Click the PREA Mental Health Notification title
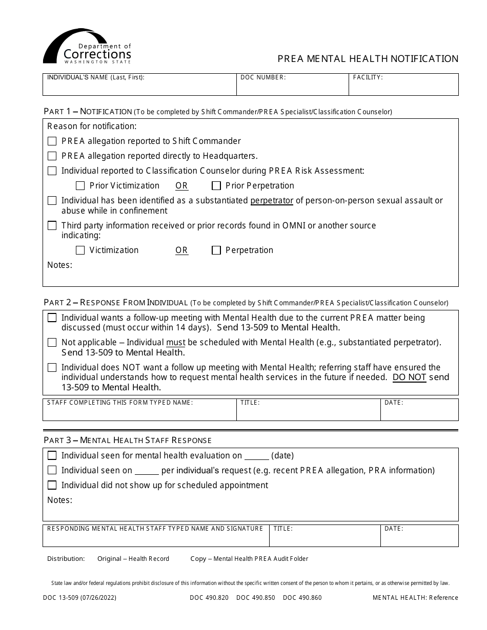pyautogui.click(x=368, y=59)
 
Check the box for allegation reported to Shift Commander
pyautogui.click(x=52, y=141)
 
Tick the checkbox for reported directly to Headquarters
pyautogui.click(x=52, y=156)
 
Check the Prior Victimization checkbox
pyautogui.click(x=80, y=185)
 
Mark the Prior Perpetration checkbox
pyautogui.click(x=216, y=185)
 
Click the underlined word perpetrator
pyautogui.click(x=272, y=201)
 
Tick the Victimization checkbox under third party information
pyautogui.click(x=80, y=250)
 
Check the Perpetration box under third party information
pyautogui.click(x=216, y=250)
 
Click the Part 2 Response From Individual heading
pyautogui.click(x=116, y=303)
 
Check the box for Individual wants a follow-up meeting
pyautogui.click(x=52, y=318)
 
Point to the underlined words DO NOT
pyautogui.click(x=409, y=377)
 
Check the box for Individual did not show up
pyautogui.click(x=52, y=485)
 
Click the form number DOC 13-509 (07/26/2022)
pyautogui.click(x=79, y=598)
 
